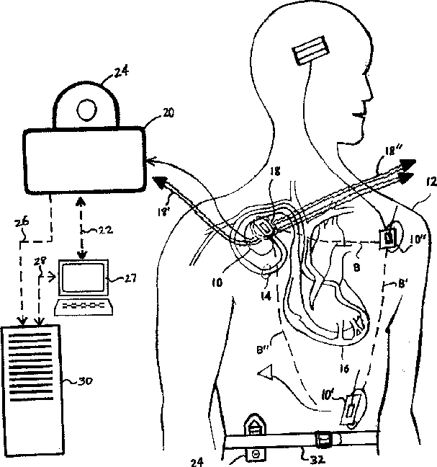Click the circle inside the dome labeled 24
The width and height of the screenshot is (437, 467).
click(86, 109)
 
